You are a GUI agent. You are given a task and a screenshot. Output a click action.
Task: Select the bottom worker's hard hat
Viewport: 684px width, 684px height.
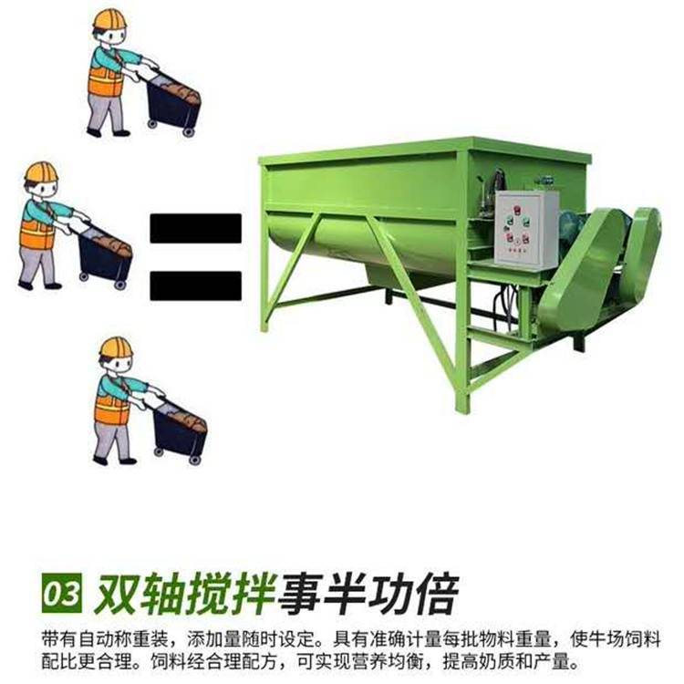tap(116, 348)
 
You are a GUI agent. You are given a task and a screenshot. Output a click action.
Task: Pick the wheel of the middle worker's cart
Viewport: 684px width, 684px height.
tap(119, 285)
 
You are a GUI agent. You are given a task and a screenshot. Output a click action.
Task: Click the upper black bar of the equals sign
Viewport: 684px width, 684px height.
tap(196, 227)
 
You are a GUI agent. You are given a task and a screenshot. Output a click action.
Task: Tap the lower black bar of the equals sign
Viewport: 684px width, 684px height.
tap(196, 285)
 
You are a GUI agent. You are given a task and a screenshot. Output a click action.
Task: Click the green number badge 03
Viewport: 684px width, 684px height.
tap(61, 593)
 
